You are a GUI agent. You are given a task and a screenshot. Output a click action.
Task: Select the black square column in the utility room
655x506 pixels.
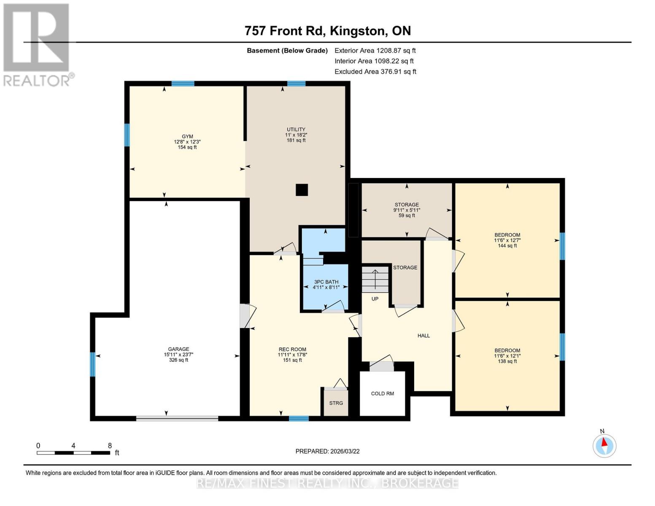click(302, 190)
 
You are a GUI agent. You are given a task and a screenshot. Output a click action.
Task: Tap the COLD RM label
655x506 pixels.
click(383, 393)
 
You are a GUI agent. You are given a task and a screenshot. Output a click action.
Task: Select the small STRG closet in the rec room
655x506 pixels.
click(336, 403)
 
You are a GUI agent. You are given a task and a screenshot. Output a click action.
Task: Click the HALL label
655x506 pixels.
click(423, 336)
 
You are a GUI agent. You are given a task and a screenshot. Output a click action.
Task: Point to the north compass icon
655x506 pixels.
click(604, 445)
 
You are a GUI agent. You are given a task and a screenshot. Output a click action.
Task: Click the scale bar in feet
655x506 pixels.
click(73, 452)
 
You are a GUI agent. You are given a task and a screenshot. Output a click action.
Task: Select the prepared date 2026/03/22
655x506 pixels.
click(327, 451)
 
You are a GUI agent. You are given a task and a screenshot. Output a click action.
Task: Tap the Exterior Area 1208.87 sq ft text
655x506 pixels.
click(375, 50)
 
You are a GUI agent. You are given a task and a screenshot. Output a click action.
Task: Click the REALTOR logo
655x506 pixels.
click(37, 44)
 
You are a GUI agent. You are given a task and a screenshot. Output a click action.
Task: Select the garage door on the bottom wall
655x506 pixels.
click(177, 418)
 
